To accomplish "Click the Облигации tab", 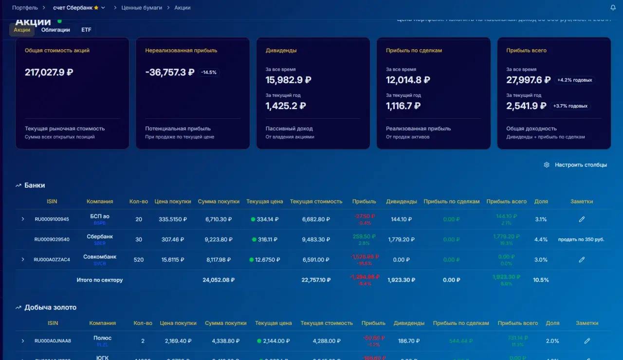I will point(55,30).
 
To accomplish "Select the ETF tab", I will point(86,30).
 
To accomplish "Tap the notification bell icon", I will point(613,8).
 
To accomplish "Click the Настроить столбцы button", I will point(575,165).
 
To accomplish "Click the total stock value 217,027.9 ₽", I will point(49,72).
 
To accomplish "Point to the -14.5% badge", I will point(209,72).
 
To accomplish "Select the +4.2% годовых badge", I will point(575,80).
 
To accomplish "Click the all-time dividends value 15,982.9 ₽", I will point(288,80).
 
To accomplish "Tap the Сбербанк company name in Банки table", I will point(100,236).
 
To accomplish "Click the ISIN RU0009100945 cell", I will point(52,219).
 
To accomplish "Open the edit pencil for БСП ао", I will point(582,219).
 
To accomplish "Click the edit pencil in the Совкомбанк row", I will point(582,260).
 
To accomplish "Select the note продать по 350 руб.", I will point(581,239).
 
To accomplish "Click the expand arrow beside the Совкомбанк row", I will point(22,260).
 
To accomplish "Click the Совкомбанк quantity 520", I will point(139,260).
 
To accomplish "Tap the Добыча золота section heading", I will point(50,307).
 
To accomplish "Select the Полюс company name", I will point(102,338).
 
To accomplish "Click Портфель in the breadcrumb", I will point(25,8).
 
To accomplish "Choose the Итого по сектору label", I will point(100,280).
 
